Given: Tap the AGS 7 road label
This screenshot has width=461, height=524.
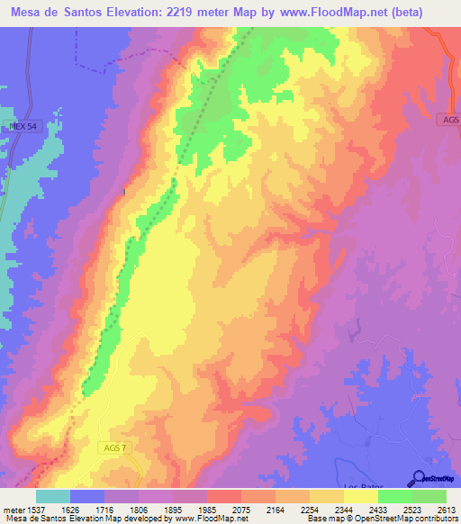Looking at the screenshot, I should pyautogui.click(x=112, y=447).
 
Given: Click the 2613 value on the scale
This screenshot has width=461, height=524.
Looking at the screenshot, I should pyautogui.click(x=447, y=510).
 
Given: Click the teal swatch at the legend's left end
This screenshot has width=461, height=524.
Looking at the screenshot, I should pyautogui.click(x=52, y=496).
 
